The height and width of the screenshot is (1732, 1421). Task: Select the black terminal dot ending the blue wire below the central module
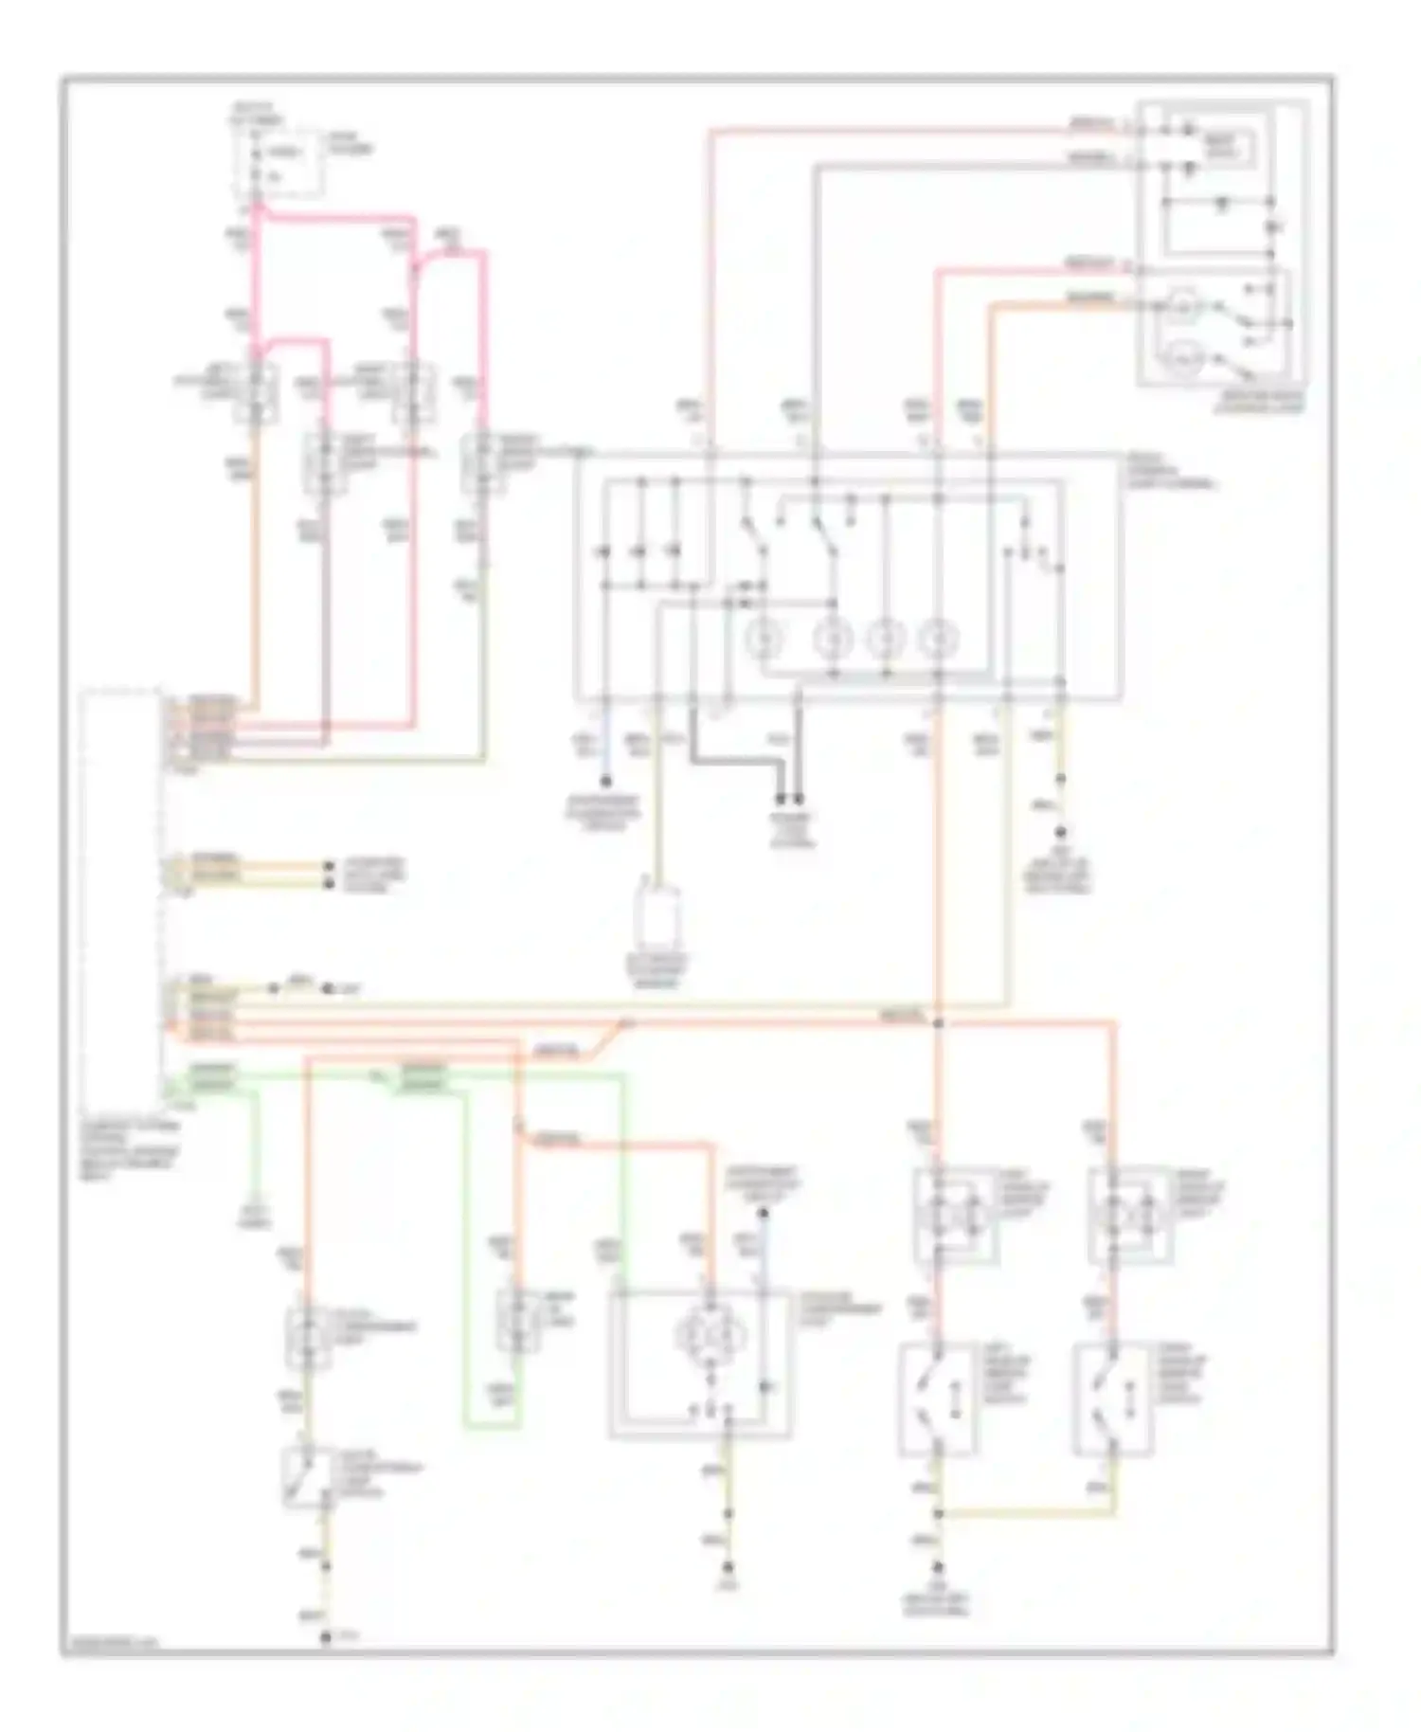click(606, 783)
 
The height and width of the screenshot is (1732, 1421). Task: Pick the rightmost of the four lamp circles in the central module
click(939, 640)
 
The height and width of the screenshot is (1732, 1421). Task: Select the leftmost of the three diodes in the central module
click(606, 550)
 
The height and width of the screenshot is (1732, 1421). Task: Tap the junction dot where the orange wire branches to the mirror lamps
click(938, 1023)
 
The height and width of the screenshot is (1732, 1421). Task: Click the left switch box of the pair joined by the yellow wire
click(938, 1399)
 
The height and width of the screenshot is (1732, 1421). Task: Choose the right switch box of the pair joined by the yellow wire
click(1113, 1399)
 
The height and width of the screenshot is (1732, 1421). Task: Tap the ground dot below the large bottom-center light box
click(728, 1568)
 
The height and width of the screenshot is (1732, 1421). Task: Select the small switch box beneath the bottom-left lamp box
click(305, 1475)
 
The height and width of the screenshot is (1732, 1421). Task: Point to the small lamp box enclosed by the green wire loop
click(517, 1320)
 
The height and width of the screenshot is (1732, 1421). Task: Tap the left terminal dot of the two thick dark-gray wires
click(782, 799)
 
